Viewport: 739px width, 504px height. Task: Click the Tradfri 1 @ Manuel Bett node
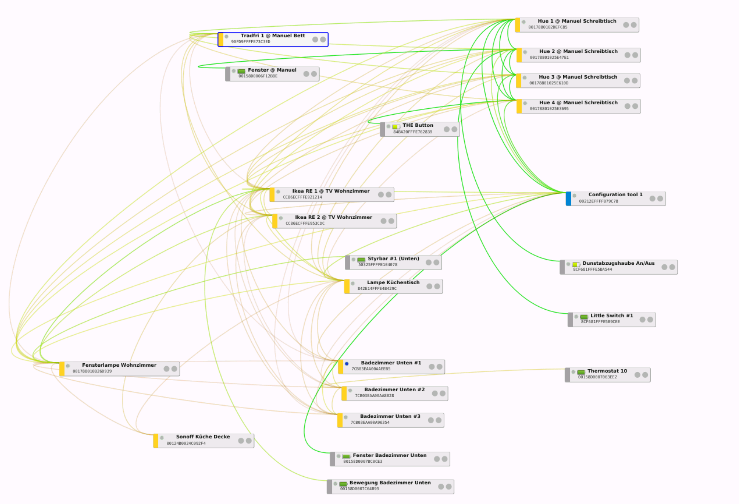tap(273, 39)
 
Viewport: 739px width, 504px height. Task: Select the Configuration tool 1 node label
tap(615, 194)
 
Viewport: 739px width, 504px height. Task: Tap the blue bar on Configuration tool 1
tap(568, 199)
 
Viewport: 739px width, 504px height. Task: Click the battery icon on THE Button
tap(396, 126)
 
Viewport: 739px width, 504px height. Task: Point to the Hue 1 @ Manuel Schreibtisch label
tap(577, 21)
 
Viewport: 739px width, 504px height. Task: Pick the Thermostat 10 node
tap(607, 374)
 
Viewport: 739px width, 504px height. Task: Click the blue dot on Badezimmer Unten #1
tap(347, 364)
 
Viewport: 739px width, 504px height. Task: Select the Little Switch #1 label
tap(612, 315)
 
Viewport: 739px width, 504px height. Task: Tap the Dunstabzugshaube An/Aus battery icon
tap(576, 264)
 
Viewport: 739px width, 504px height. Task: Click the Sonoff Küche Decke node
tap(203, 441)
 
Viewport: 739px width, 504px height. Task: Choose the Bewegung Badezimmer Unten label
tap(390, 483)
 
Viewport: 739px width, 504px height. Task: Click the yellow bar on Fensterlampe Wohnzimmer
tap(62, 369)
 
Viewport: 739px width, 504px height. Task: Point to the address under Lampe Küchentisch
tap(377, 288)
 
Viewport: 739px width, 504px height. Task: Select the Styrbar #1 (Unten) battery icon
tap(361, 260)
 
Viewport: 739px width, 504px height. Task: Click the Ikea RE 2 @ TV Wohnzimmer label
tap(333, 217)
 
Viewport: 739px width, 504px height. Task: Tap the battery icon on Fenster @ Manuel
tap(241, 71)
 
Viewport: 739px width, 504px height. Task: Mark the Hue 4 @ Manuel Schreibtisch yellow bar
tap(519, 106)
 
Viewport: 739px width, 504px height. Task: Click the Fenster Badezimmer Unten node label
tap(389, 455)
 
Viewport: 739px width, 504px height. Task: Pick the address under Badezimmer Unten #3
tap(370, 422)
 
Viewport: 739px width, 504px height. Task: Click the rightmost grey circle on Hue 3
tap(634, 80)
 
